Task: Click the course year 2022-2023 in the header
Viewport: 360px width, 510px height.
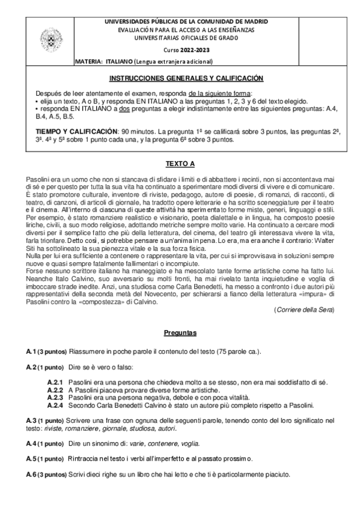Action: tap(197, 49)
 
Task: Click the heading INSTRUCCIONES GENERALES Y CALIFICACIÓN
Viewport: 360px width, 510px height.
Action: tap(186, 79)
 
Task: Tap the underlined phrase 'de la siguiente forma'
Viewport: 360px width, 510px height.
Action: tap(215, 94)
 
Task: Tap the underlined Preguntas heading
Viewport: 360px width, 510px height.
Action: tap(180, 333)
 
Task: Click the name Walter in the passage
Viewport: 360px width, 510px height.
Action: tap(322, 241)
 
